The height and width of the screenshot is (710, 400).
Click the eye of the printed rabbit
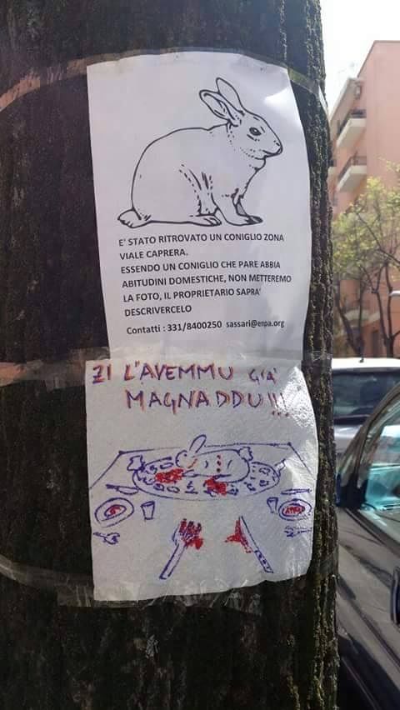(x=255, y=132)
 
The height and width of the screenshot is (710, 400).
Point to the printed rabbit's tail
(x=127, y=218)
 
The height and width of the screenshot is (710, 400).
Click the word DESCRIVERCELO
(x=158, y=311)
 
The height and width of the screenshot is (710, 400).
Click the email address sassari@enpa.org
(x=255, y=324)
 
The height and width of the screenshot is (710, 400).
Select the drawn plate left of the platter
(x=114, y=511)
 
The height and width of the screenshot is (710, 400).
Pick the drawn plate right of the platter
(x=295, y=508)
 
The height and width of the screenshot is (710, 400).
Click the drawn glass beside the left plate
(x=147, y=509)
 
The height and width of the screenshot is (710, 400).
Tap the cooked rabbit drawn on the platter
(x=212, y=462)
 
